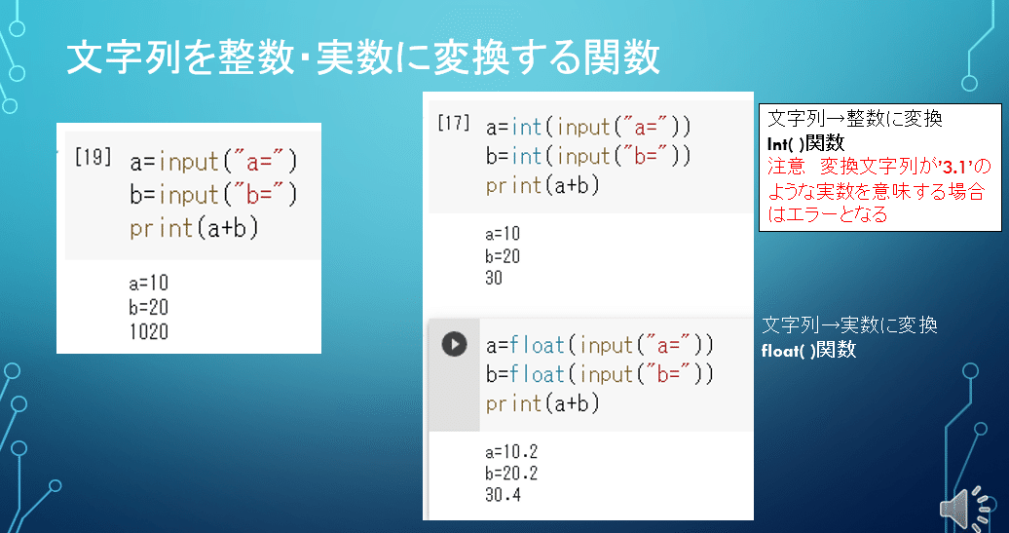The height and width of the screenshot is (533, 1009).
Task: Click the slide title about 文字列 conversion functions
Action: [362, 58]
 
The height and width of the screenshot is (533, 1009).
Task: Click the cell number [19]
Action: [93, 158]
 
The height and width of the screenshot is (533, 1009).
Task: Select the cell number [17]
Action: [453, 124]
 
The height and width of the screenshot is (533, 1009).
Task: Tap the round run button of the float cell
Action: [454, 344]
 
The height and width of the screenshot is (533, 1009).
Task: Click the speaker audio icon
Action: [965, 507]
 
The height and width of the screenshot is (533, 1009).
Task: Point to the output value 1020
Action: [148, 332]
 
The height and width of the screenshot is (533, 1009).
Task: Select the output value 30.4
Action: [503, 496]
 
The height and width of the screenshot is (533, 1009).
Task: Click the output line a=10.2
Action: [511, 452]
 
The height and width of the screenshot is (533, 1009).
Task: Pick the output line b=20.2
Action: [511, 474]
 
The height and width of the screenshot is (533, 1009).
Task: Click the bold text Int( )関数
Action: [805, 143]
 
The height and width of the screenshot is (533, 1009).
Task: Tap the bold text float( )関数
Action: [808, 350]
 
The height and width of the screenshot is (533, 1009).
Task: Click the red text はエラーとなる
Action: [828, 215]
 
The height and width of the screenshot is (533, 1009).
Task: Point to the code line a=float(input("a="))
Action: [600, 345]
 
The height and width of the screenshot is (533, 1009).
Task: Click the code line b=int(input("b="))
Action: [588, 156]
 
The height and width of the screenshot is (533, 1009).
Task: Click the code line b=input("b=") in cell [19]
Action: [212, 194]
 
